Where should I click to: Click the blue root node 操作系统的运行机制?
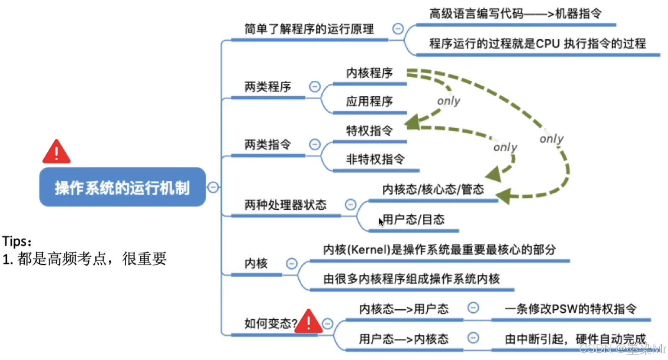(x=122, y=187)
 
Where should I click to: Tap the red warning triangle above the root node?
(x=57, y=152)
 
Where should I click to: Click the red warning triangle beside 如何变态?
(x=308, y=322)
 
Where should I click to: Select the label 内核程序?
(x=369, y=73)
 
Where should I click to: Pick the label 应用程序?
(x=369, y=102)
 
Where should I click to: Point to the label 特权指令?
(x=369, y=131)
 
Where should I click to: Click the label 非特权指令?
(x=375, y=159)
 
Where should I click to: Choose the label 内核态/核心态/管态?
(x=433, y=190)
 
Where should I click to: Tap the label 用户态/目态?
(x=414, y=220)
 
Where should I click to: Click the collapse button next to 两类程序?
(x=315, y=87)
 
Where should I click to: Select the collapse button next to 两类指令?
(x=315, y=144)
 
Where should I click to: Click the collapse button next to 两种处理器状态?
(x=351, y=204)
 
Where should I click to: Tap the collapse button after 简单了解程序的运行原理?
(x=398, y=28)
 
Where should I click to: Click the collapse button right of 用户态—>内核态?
(x=473, y=338)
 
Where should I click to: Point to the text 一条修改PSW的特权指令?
(x=570, y=309)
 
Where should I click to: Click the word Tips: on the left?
(x=17, y=242)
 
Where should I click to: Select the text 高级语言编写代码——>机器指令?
(x=515, y=14)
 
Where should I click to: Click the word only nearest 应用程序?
(x=448, y=101)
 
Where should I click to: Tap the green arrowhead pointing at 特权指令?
(x=412, y=122)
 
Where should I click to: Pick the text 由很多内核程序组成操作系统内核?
(x=411, y=279)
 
